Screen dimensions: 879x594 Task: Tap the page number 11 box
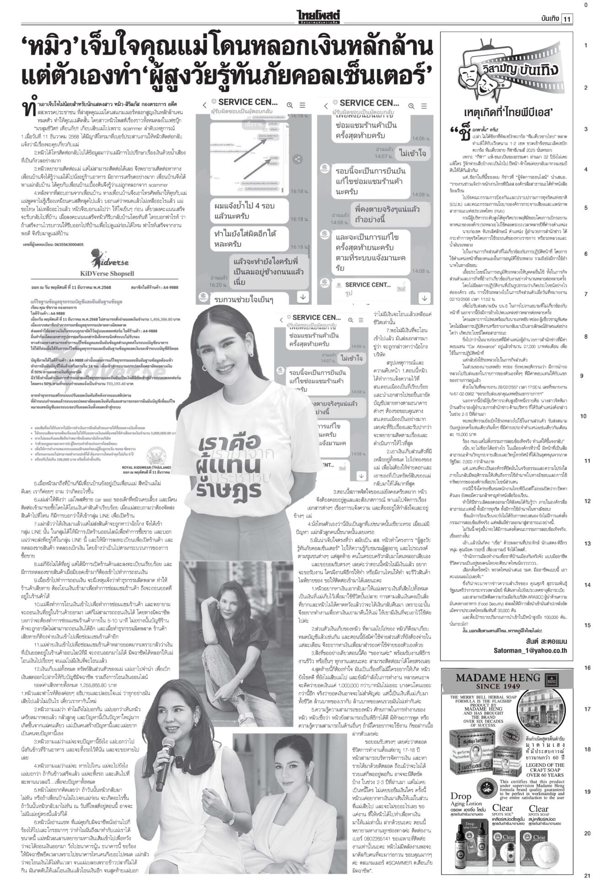(568, 19)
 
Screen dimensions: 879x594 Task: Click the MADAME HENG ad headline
(499, 678)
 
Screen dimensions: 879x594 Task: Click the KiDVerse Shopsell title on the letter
(106, 274)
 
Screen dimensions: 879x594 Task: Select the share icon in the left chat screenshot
(297, 159)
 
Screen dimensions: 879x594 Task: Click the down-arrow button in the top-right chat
(425, 298)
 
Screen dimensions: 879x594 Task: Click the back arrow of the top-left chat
(205, 105)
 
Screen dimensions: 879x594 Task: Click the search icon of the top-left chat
(289, 105)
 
